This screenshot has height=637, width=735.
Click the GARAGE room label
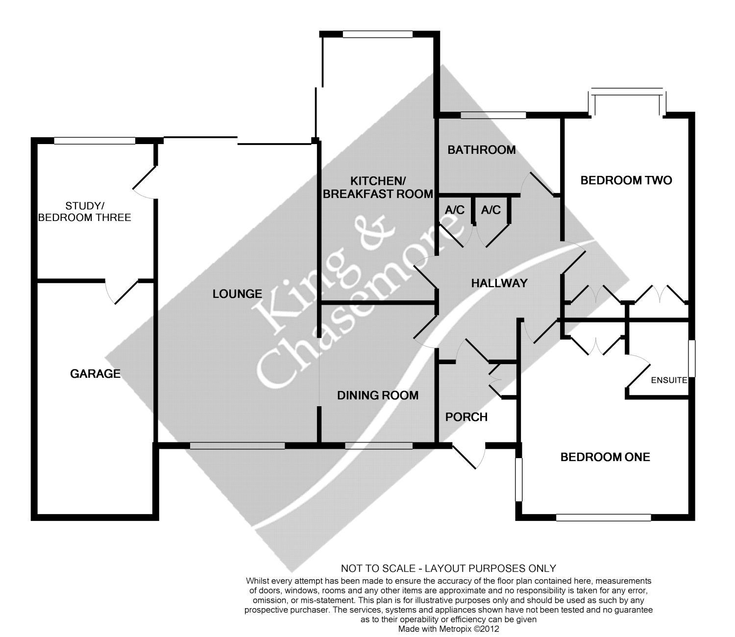95,373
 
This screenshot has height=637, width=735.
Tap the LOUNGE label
237,294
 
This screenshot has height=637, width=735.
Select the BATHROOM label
482,150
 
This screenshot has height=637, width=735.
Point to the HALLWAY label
499,283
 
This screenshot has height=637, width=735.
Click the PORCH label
466,417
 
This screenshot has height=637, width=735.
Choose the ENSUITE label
669,380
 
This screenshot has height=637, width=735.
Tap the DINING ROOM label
378,395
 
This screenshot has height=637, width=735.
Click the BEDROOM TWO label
626,180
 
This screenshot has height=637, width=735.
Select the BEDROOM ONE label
605,457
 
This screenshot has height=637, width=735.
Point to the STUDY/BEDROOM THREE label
85,212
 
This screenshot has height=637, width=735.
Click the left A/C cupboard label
454,210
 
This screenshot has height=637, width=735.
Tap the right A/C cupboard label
490,210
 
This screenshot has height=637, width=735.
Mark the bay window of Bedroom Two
627,101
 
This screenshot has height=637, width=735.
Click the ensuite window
691,358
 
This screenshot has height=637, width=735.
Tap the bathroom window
493,115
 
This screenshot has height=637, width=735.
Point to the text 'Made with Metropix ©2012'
448,629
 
